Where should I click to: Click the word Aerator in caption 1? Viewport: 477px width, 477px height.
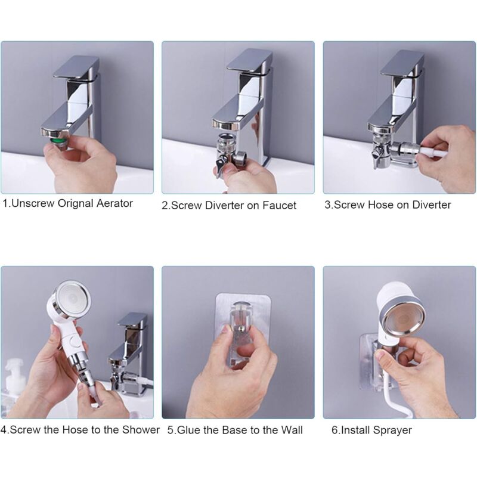coord(114,203)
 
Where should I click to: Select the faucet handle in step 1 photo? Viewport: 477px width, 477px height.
coord(76,67)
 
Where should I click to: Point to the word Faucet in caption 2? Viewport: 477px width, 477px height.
coord(279,205)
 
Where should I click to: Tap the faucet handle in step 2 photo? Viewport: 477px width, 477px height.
coord(249,62)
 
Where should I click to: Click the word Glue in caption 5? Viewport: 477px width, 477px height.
coord(187,430)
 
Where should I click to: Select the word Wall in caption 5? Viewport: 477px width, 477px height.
coord(292,430)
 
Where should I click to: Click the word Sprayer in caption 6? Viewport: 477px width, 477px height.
coord(392,430)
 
